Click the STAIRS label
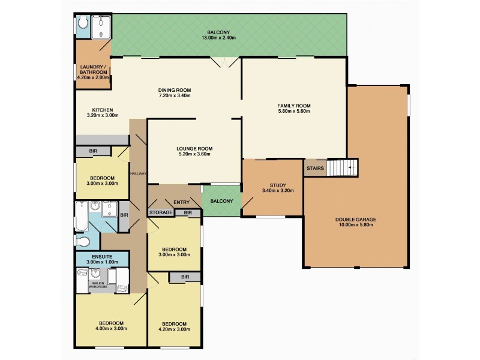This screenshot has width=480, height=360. [x=316, y=169]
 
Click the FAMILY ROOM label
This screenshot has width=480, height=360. [x=293, y=106]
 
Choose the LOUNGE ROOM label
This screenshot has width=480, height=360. [x=194, y=148]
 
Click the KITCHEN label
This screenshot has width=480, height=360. [x=103, y=110]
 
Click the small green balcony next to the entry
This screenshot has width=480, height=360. [x=221, y=201]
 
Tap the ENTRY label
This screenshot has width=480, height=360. [x=181, y=202]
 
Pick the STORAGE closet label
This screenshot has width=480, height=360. [x=161, y=212]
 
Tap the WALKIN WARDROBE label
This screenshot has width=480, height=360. [x=98, y=284]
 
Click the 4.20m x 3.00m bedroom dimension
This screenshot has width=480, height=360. [x=174, y=329]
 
